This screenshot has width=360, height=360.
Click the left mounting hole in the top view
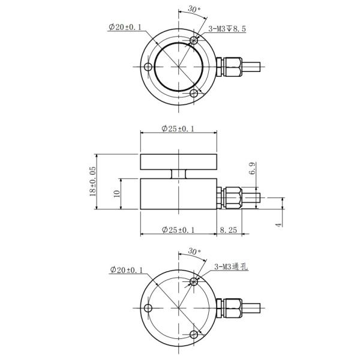click(x=147, y=67)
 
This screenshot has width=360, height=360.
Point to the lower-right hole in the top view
click(x=194, y=94)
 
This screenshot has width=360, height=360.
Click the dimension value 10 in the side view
click(x=117, y=193)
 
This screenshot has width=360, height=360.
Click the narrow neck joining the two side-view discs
click(x=179, y=173)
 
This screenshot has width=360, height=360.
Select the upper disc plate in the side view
click(x=179, y=161)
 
